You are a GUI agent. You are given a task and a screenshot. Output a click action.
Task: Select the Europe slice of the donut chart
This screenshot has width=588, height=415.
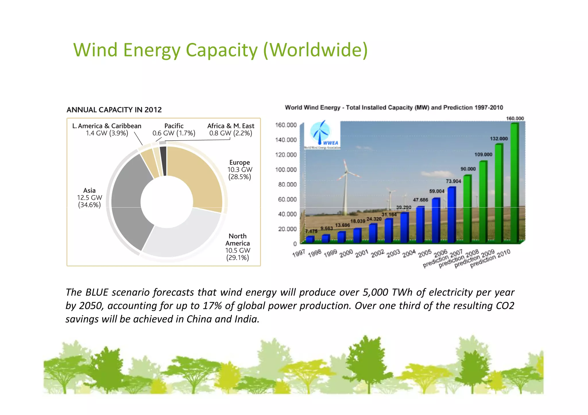tap(198, 175)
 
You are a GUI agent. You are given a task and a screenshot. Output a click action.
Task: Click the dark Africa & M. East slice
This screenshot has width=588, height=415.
tap(163, 161)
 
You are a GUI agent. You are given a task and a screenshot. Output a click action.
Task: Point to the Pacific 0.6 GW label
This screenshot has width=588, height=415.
tap(174, 130)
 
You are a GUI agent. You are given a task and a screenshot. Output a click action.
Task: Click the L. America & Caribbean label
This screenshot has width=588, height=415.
tap(107, 129)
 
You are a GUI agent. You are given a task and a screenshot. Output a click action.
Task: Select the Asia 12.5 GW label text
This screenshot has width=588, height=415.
tap(89, 198)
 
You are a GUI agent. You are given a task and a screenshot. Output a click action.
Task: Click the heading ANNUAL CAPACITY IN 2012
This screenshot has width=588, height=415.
tap(114, 110)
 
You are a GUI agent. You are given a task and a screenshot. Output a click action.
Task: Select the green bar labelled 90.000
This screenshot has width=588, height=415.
tap(467, 209)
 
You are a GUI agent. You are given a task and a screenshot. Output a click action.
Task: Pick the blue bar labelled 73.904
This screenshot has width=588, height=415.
tap(451, 215)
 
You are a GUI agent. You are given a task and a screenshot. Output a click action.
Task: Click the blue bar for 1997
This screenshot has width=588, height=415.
tap(310, 239)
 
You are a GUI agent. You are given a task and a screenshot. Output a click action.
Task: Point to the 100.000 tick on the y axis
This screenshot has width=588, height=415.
tap(286, 169)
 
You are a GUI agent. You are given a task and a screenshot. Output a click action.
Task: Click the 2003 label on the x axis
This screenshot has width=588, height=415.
tap(393, 254)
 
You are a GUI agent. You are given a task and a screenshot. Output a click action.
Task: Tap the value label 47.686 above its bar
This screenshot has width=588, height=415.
tap(420, 200)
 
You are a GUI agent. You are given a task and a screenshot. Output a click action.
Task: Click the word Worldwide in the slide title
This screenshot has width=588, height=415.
tap(315, 50)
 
